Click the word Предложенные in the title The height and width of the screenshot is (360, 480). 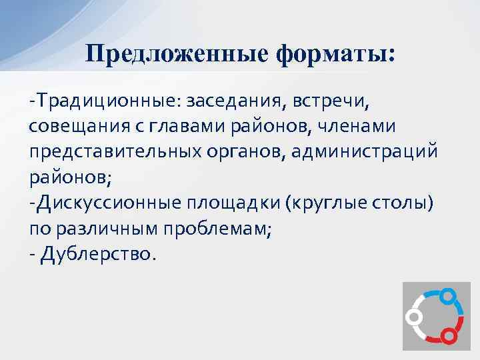click(x=174, y=53)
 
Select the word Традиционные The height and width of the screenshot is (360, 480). click(x=107, y=103)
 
